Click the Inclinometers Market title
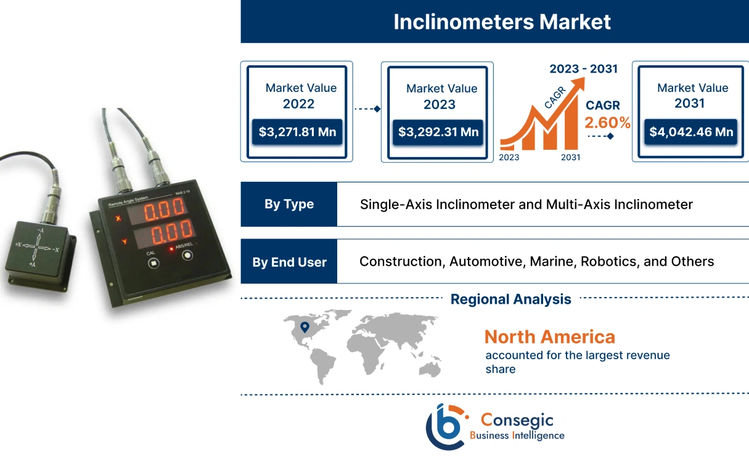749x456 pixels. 502,22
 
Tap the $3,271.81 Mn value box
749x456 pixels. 297,131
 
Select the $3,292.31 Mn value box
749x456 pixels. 438,131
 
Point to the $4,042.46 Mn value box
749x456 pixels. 690,131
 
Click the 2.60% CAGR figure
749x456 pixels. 608,123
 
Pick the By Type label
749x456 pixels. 289,204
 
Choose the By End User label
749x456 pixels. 289,262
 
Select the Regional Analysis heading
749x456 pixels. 510,299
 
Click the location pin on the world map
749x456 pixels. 305,327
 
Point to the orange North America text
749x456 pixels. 549,336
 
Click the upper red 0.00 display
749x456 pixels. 157,210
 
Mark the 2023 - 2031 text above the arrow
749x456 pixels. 583,68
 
